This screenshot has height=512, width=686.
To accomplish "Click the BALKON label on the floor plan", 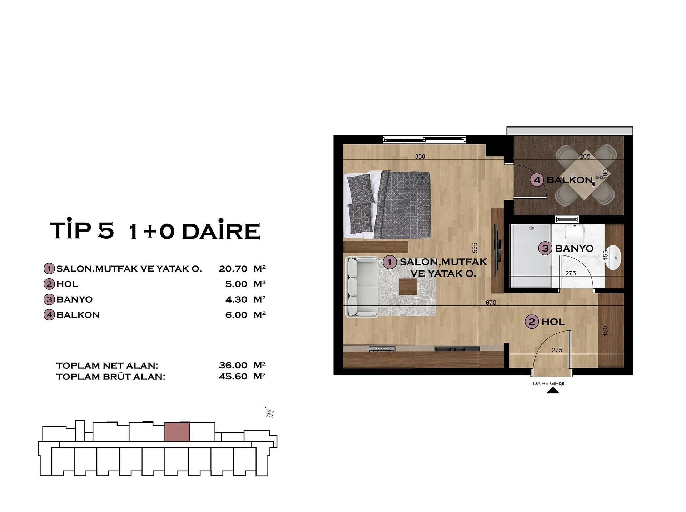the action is tap(570, 180).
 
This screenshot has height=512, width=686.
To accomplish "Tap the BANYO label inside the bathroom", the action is tap(574, 248).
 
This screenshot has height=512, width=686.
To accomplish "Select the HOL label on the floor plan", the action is tap(553, 322).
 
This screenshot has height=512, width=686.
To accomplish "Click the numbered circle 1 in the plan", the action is tap(390, 262).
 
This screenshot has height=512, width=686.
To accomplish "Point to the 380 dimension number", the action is tap(420, 156).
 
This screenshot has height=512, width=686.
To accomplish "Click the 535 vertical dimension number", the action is tap(475, 248).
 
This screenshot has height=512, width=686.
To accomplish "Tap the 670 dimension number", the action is tap(491, 303).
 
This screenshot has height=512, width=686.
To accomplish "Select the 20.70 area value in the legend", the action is tap(233, 269).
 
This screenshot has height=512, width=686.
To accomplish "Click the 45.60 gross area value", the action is tap(233, 376).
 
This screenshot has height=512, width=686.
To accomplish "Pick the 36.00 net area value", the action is tap(233, 365).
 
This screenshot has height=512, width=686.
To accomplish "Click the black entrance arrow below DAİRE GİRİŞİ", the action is tap(553, 391).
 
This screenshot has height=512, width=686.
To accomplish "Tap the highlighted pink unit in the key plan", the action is tap(177, 432).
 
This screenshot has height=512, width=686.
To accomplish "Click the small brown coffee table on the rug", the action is tap(408, 287).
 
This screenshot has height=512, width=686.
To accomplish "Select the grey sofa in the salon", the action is tap(362, 287).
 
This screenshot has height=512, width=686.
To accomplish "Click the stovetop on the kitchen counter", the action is tap(382, 349).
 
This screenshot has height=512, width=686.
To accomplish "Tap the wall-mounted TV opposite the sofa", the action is tap(497, 250).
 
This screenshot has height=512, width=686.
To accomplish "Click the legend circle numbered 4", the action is tap(49, 315).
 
